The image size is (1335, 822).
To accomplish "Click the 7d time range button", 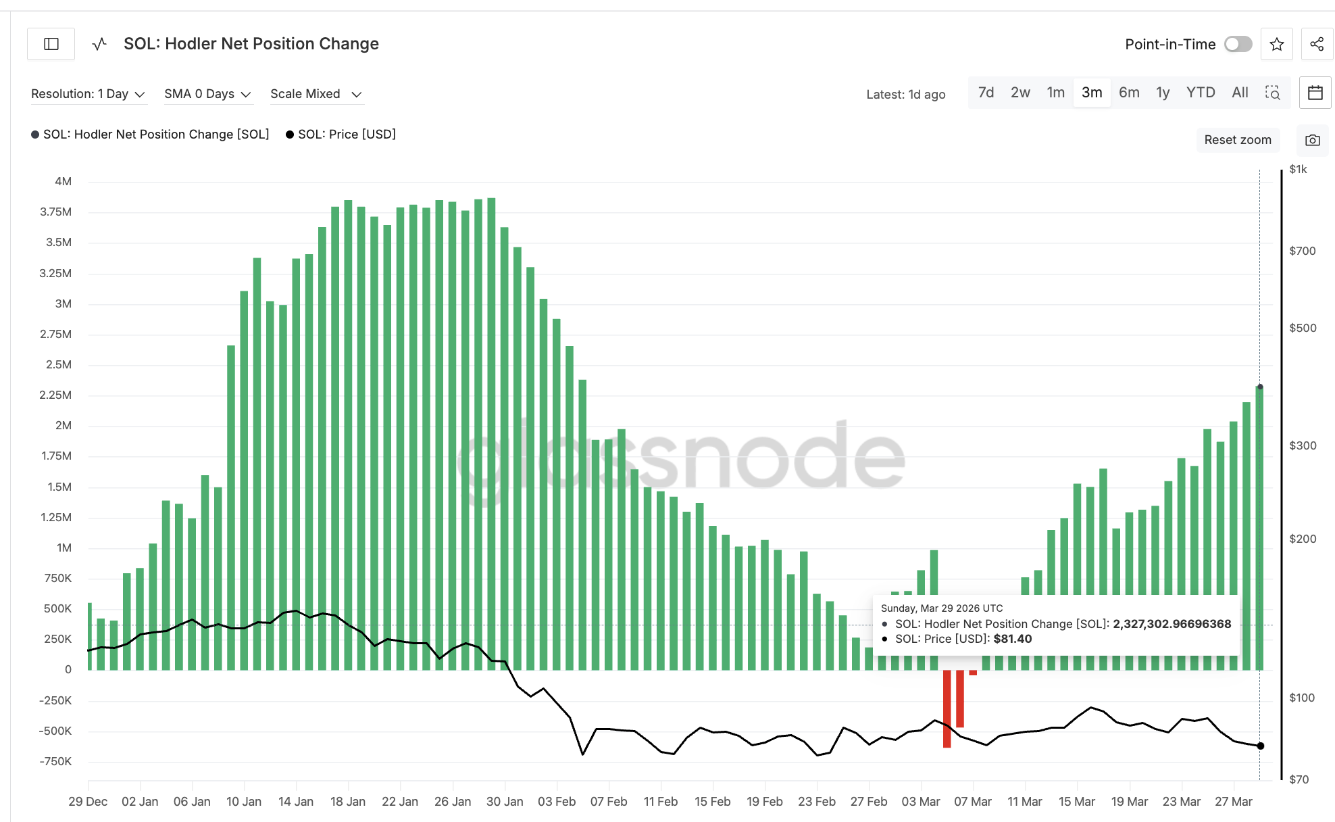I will tap(986, 93).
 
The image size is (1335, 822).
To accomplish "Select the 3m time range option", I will tap(1091, 93).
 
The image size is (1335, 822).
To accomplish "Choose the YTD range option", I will tap(1200, 93).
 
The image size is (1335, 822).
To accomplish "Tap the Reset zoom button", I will tap(1237, 140).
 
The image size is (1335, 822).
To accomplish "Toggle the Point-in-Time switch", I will tap(1238, 44).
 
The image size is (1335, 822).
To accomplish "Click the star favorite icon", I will tap(1276, 45).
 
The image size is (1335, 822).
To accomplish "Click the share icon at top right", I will tap(1316, 45).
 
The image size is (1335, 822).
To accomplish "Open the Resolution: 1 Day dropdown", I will tap(88, 94).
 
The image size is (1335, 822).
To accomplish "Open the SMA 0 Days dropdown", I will tap(207, 94).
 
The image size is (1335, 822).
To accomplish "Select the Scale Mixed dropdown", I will tap(316, 94).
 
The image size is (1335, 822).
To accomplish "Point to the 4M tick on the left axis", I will tap(63, 181).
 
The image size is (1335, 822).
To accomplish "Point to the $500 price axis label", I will tap(1303, 328).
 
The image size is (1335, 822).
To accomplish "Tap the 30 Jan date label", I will tap(505, 801).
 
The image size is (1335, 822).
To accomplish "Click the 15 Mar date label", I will tap(1076, 801).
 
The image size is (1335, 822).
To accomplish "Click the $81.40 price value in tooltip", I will tap(1012, 639).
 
